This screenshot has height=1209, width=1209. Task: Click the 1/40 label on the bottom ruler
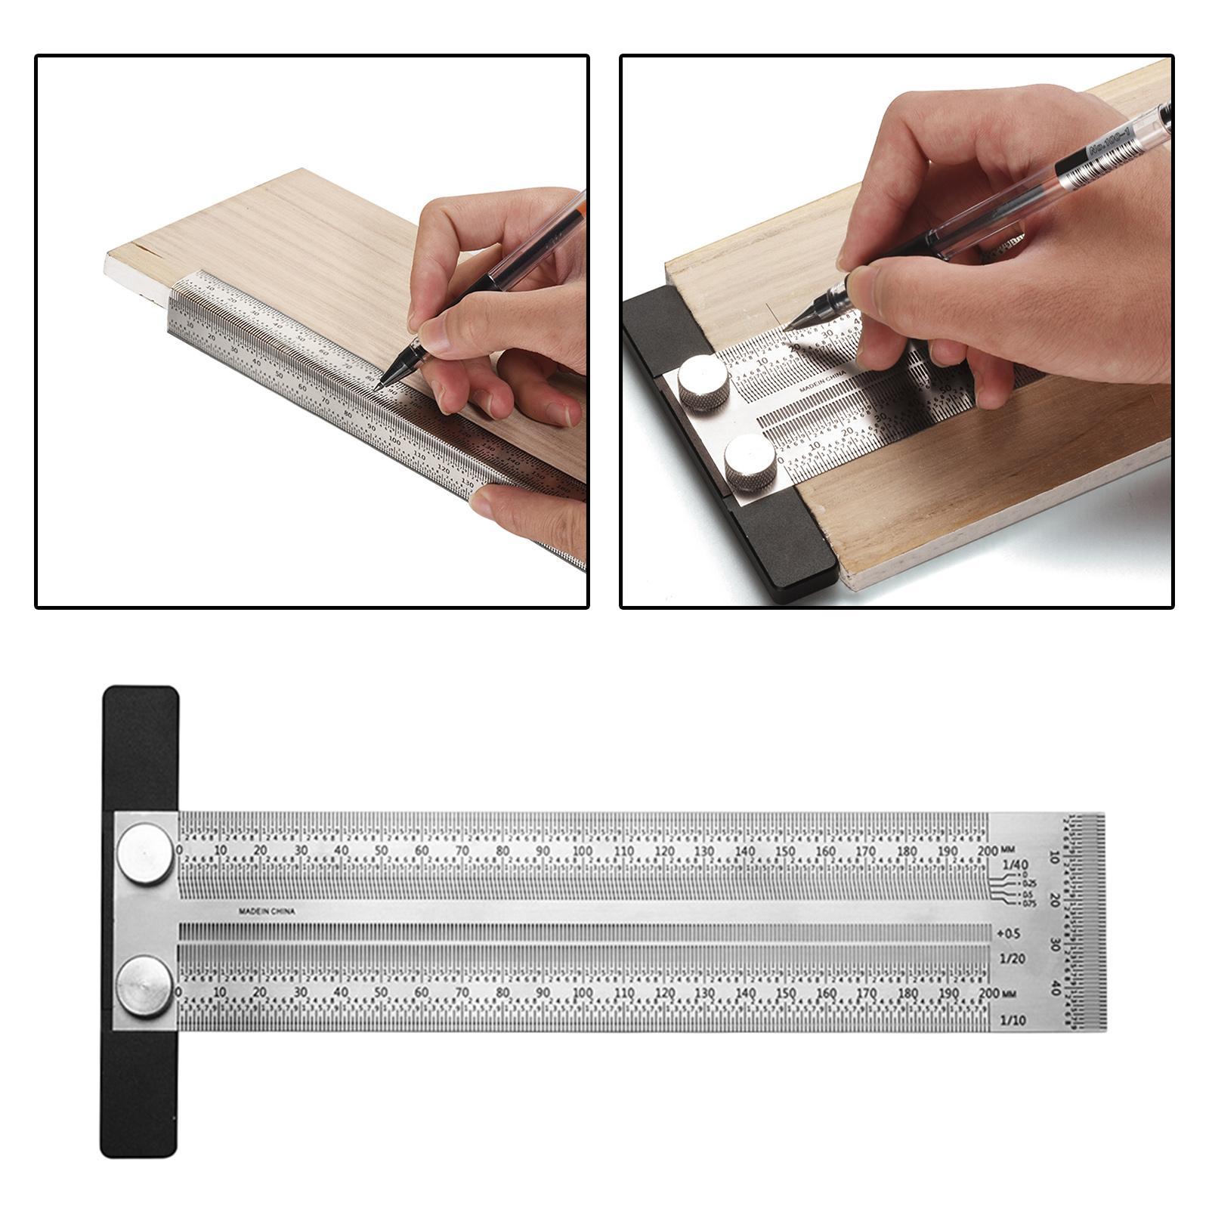(1015, 864)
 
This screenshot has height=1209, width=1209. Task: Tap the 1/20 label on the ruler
(1013, 958)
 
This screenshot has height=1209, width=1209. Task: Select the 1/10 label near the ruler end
(1013, 1020)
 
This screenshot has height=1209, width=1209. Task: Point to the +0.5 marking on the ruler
(1010, 933)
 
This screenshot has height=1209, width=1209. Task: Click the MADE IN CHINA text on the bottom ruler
(267, 911)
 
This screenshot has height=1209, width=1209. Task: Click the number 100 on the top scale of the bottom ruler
(583, 851)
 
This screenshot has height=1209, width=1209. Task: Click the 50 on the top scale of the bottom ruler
(381, 851)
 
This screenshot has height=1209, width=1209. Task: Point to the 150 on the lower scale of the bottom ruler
(786, 993)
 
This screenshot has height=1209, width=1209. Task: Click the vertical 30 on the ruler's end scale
(1055, 945)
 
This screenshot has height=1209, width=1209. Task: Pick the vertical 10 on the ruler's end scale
(1055, 857)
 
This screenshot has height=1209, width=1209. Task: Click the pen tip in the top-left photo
(377, 388)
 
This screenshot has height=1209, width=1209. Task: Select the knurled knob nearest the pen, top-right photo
(703, 383)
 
